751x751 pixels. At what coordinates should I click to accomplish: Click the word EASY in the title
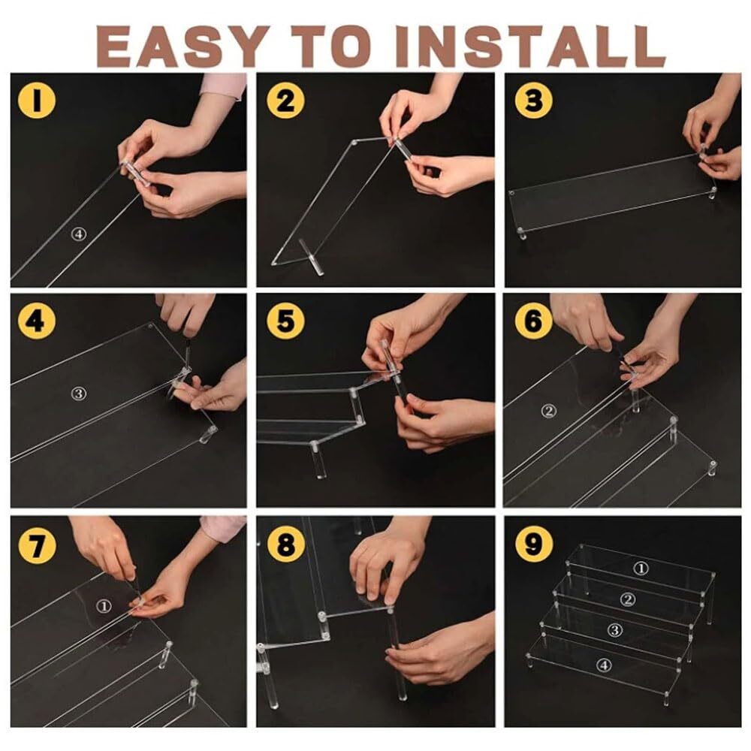coord(182,46)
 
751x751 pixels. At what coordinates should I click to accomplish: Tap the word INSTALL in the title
coord(530,46)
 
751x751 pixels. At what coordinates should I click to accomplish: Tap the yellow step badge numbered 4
coord(37,321)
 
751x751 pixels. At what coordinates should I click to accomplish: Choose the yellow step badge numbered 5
coord(285,321)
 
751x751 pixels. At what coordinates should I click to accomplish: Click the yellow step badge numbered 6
coord(533,321)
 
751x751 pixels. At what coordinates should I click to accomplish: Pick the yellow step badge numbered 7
coord(37,544)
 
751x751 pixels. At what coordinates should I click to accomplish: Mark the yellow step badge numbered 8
coord(285,544)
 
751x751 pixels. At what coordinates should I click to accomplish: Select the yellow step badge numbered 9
coord(533,544)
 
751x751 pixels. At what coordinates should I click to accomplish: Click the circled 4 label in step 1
coord(79,234)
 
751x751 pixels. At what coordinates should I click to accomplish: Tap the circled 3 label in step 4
coord(79,394)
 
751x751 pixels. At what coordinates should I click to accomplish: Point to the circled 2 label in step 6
coord(549,411)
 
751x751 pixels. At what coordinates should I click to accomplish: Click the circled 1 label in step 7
coord(104,606)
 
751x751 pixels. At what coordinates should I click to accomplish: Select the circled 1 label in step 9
coord(641,569)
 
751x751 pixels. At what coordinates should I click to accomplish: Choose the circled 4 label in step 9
coord(604,665)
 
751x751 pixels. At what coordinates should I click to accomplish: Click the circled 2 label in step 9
coord(628,599)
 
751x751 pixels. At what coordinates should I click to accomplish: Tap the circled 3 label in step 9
coord(616,630)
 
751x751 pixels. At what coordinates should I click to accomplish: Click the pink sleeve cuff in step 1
coord(224,86)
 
